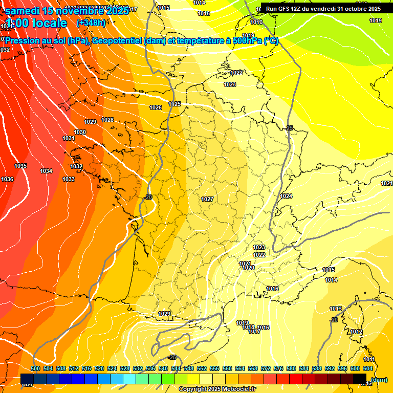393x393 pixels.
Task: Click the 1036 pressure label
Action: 7,179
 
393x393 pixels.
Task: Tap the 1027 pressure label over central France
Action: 207,199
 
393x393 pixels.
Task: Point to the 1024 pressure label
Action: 286,196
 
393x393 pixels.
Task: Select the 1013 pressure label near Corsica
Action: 336,309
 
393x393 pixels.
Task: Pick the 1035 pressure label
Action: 20,166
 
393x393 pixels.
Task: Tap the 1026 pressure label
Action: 156,107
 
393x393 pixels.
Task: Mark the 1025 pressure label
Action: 174,104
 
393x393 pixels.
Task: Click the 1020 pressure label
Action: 249,268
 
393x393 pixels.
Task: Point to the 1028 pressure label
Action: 107,120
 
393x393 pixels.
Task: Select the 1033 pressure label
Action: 69,179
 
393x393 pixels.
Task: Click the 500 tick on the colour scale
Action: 35,368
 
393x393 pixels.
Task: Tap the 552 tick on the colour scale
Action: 202,368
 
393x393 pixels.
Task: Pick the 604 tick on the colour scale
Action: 368,368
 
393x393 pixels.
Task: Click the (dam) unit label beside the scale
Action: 379,379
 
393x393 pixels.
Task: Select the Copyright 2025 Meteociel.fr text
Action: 217,389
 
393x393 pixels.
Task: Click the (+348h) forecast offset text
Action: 91,23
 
